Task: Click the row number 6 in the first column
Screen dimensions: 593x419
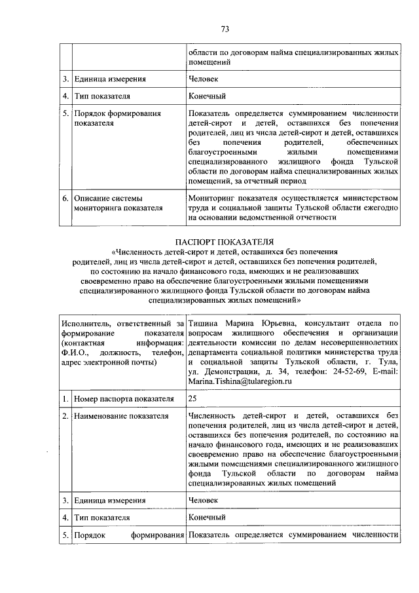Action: coord(65,197)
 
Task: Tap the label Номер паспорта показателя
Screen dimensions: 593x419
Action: coord(115,398)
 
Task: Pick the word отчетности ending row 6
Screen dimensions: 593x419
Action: coord(316,218)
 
